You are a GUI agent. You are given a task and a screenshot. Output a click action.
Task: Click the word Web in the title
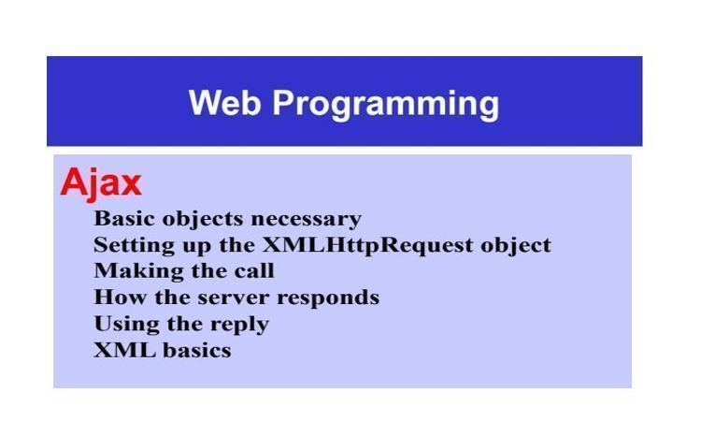click(x=224, y=103)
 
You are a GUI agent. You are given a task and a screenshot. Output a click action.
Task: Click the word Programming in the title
click(x=386, y=105)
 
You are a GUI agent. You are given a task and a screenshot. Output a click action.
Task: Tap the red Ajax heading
click(x=101, y=183)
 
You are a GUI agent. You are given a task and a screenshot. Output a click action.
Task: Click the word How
click(x=120, y=298)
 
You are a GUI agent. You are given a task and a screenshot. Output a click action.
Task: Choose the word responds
click(x=328, y=298)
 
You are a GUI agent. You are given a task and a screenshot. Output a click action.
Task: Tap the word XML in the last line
click(x=124, y=350)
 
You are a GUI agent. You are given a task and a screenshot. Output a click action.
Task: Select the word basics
click(x=197, y=350)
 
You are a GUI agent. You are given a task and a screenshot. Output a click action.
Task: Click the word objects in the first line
click(x=203, y=219)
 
